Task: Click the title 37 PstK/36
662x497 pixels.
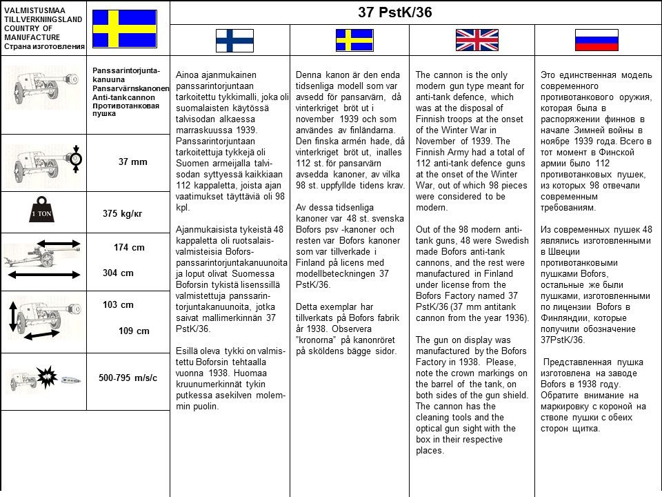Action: [x=395, y=12]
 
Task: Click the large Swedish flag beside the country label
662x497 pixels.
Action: [x=124, y=28]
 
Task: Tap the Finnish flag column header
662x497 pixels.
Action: [x=234, y=40]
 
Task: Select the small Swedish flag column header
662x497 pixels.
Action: [x=354, y=40]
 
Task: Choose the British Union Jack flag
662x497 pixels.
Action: [x=477, y=40]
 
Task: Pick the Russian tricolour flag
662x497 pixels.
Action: [x=596, y=40]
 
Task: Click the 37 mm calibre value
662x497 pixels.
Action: [x=132, y=162]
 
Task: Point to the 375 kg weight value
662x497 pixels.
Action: [x=122, y=214]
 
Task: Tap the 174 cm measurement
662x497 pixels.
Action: [x=129, y=247]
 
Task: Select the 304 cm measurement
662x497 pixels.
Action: [x=118, y=273]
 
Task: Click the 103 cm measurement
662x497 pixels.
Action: [x=118, y=305]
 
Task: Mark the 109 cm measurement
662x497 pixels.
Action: [x=134, y=331]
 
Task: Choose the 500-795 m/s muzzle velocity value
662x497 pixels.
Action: [x=128, y=378]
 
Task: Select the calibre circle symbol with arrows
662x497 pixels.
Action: [x=76, y=159]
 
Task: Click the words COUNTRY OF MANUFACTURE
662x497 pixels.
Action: [x=32, y=32]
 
